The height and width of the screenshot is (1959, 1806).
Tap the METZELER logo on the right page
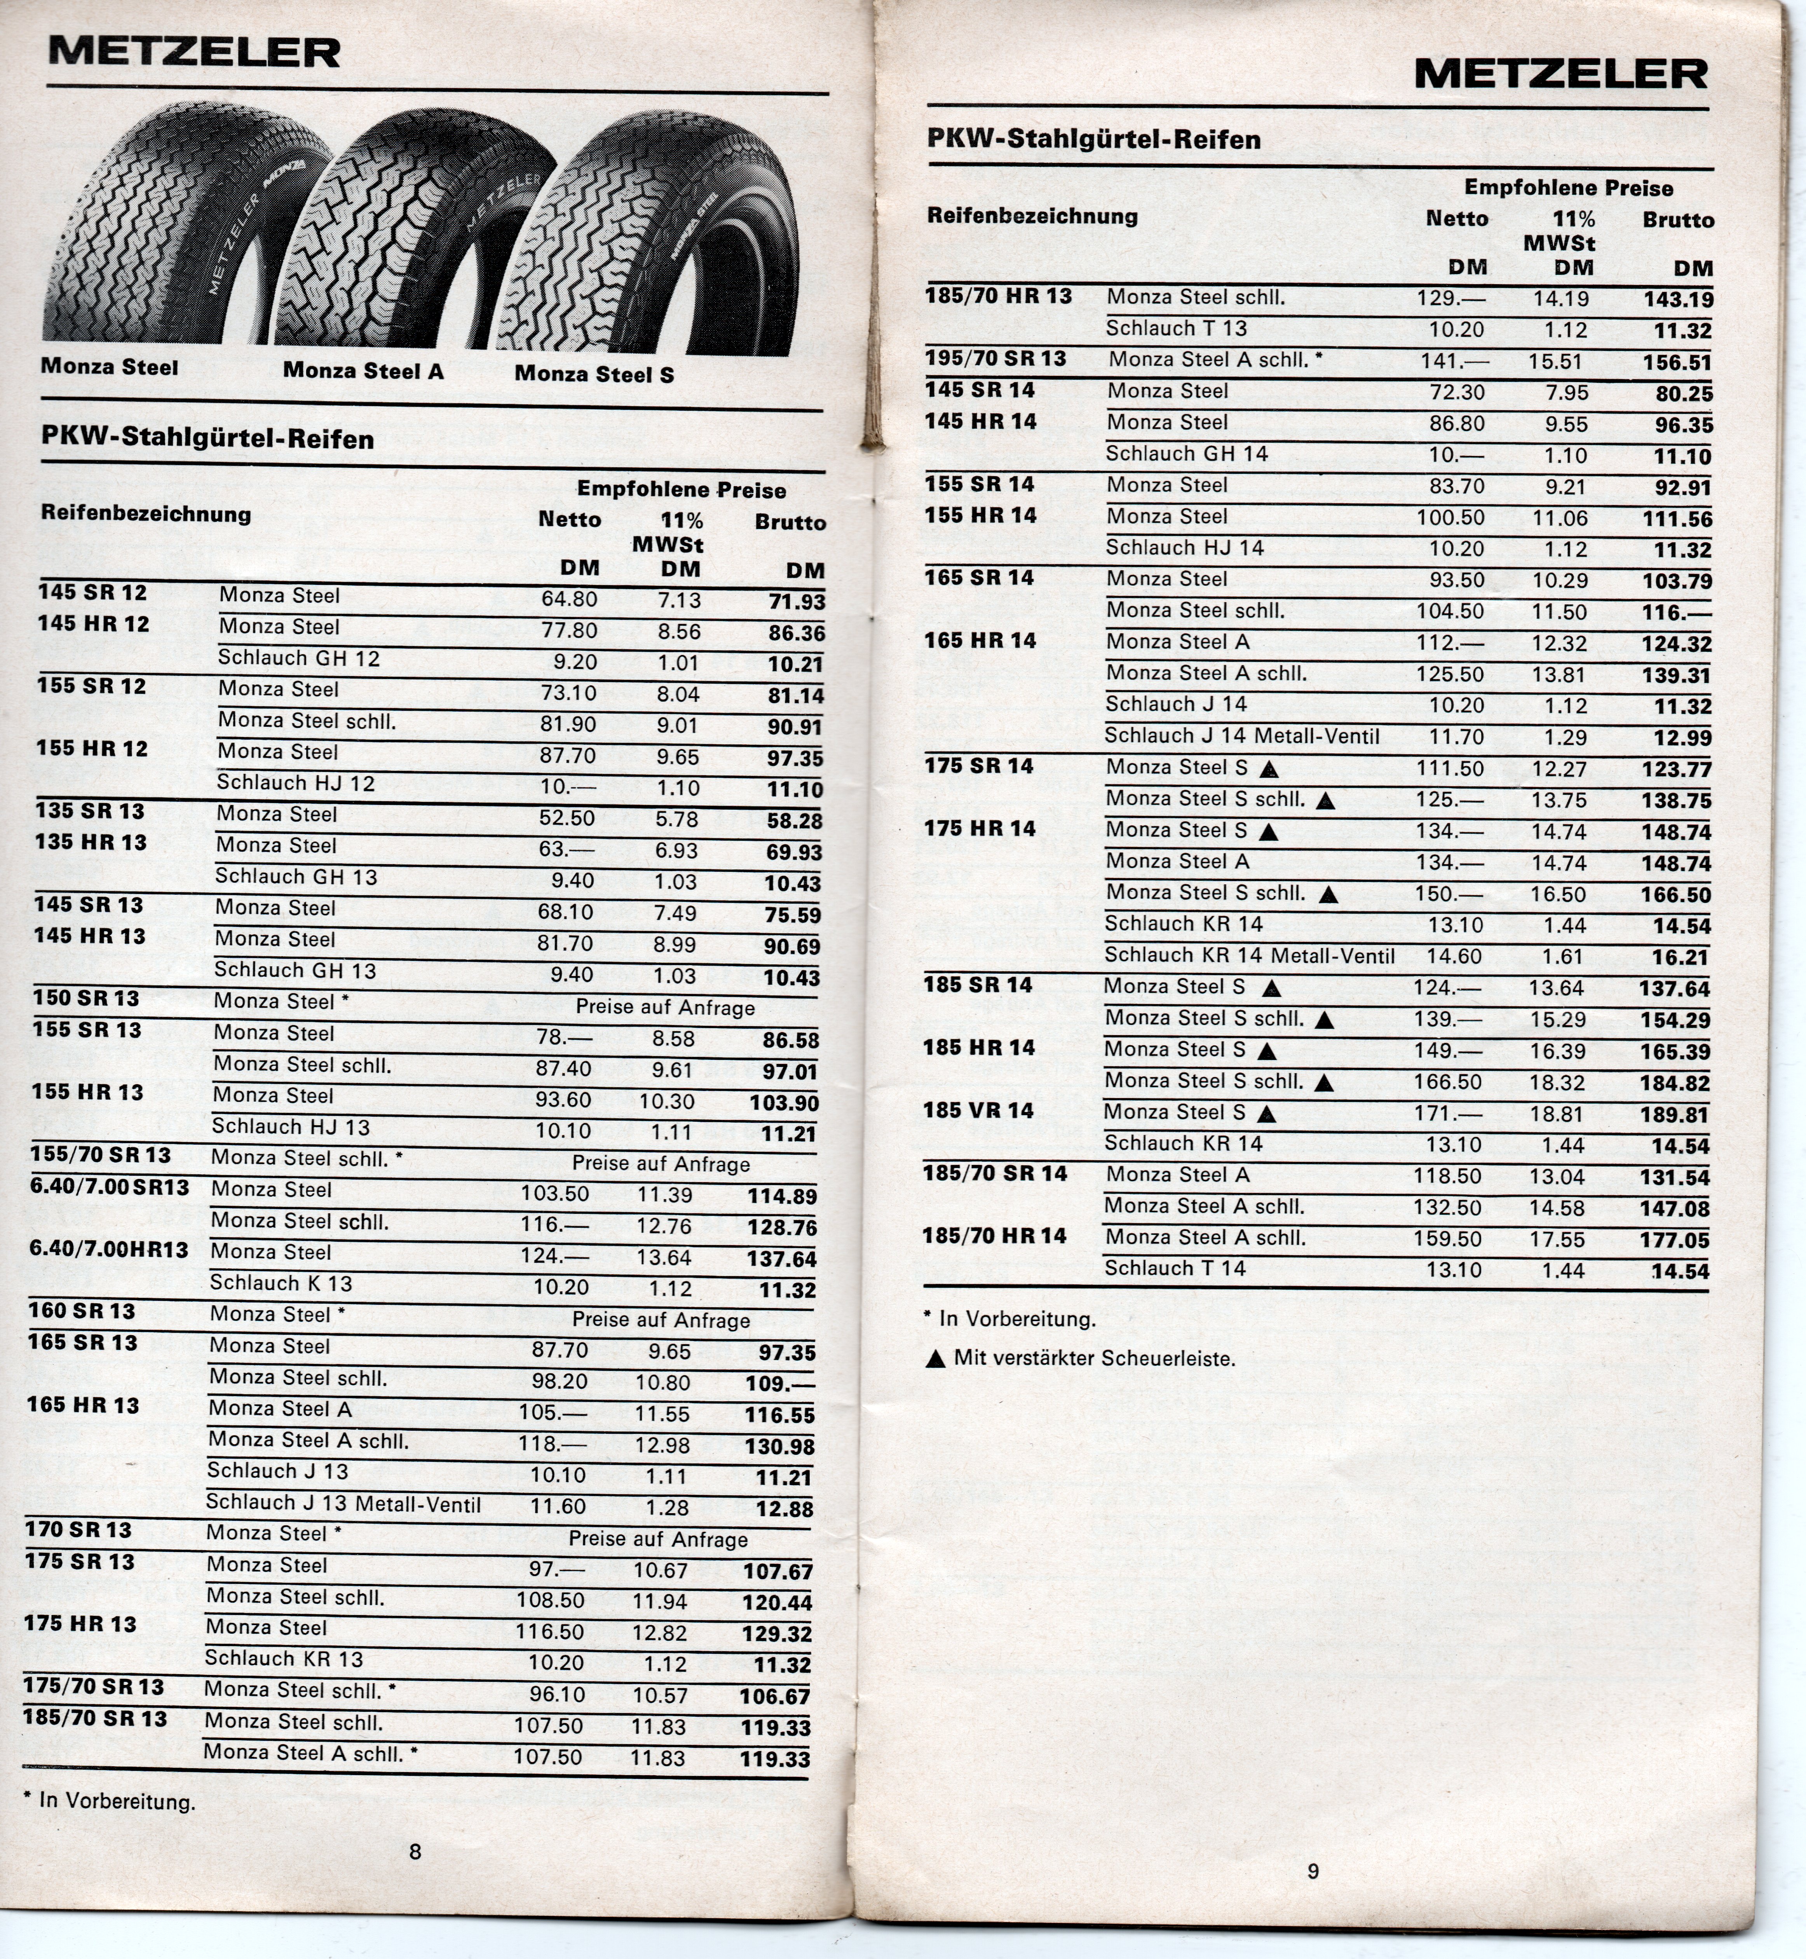(x=1561, y=73)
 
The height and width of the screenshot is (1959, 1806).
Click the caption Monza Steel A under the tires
(x=364, y=370)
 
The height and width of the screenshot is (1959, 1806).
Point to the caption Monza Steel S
(x=594, y=374)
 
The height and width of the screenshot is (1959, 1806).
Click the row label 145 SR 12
(x=93, y=592)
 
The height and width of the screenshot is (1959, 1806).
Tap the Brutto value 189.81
(x=1675, y=1114)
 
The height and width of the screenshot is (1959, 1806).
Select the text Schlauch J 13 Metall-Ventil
(x=343, y=1505)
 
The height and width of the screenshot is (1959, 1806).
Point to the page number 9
(x=1313, y=1871)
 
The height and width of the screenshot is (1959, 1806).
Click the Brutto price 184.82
(x=1675, y=1083)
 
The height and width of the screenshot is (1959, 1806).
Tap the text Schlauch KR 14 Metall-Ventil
(x=1249, y=956)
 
